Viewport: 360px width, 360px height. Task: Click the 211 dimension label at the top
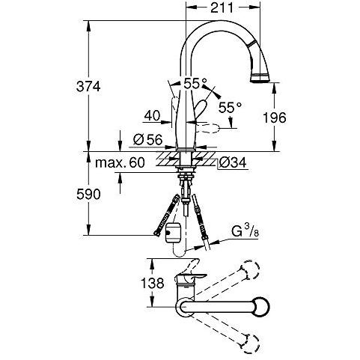coord(222,7)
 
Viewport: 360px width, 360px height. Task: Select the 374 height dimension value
coord(88,87)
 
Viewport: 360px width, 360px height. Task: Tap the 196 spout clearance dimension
coord(275,118)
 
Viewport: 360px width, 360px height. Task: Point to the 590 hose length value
coord(88,195)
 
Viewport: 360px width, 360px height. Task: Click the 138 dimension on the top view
coord(153,283)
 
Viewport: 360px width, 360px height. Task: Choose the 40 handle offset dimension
coord(152,116)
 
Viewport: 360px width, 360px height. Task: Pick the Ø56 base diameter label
coord(147,139)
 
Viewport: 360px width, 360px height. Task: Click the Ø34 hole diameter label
coord(233,163)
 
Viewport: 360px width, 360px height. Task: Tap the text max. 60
coord(120,162)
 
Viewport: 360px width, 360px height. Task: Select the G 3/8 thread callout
coord(245,231)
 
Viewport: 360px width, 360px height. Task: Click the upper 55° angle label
coord(195,84)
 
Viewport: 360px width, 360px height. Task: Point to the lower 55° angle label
coord(230,108)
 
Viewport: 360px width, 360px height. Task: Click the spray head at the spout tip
coord(260,77)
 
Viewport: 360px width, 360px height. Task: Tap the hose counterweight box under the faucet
coord(173,232)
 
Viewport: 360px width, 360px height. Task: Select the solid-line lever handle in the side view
coord(201,110)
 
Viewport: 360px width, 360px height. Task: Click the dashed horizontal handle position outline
coord(207,129)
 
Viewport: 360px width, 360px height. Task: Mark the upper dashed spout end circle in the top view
coord(250,269)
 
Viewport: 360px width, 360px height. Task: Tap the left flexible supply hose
coord(167,215)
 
